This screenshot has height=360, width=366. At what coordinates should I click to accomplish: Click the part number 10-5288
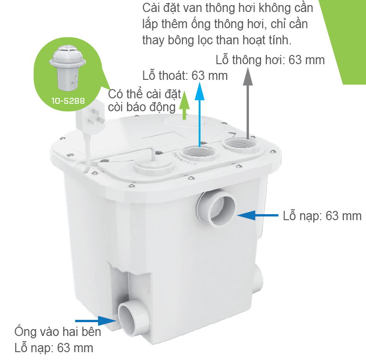pyautogui.click(x=68, y=101)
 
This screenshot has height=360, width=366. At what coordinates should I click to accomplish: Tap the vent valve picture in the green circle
pyautogui.click(x=67, y=67)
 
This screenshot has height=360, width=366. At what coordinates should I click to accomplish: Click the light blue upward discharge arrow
pyautogui.click(x=200, y=114)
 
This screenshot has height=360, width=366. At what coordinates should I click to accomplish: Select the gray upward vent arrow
pyautogui.click(x=248, y=103)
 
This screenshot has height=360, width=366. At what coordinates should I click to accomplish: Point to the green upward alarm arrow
pyautogui.click(x=184, y=105)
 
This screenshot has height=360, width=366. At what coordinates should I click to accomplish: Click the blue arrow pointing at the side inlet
pyautogui.click(x=258, y=215)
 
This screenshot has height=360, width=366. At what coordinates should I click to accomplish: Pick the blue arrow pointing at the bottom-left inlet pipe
pyautogui.click(x=96, y=320)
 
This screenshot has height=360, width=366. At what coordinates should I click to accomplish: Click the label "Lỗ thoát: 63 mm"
pyautogui.click(x=185, y=76)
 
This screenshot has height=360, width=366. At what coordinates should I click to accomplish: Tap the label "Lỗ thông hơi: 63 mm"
pyautogui.click(x=270, y=60)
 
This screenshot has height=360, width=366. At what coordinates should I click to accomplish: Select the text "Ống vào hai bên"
pyautogui.click(x=58, y=332)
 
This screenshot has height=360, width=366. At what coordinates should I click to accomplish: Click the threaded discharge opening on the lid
pyautogui.click(x=200, y=153)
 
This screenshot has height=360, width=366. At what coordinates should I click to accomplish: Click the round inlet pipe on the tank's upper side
pyautogui.click(x=217, y=208)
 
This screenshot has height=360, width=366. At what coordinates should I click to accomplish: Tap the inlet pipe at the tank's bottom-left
pyautogui.click(x=134, y=317)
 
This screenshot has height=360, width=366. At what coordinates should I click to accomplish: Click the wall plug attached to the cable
pyautogui.click(x=90, y=116)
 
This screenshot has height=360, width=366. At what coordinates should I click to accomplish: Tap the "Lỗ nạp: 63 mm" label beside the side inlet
pyautogui.click(x=322, y=216)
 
